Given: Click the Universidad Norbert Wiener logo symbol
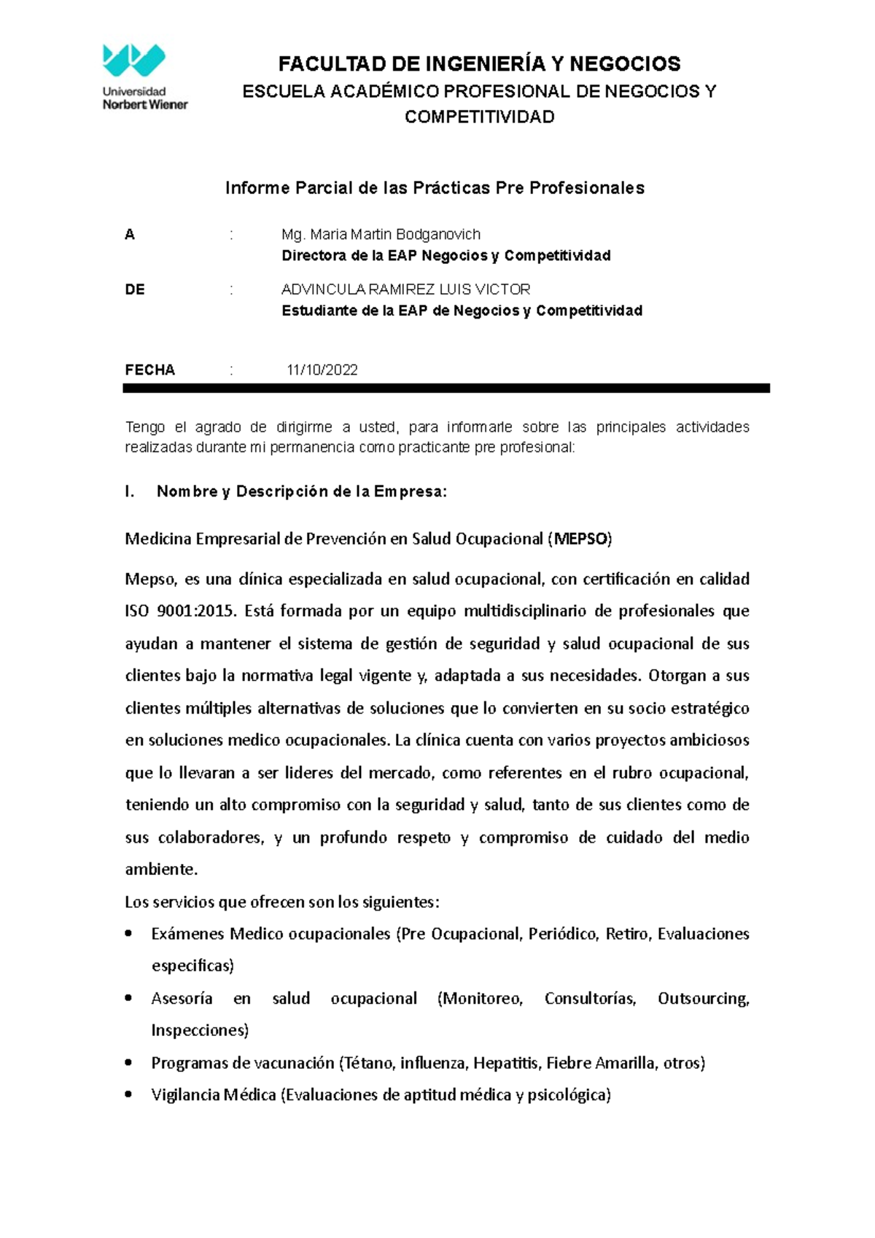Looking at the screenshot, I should tap(134, 61).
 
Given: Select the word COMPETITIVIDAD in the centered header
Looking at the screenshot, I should tap(479, 117).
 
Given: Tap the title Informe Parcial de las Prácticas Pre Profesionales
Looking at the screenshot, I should tap(435, 188).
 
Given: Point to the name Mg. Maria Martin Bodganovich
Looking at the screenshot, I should tap(381, 235).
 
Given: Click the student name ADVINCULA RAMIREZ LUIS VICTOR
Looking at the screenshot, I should tap(405, 289).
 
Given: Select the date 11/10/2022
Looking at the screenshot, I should tap(322, 370).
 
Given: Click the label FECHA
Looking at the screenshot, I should tap(149, 370).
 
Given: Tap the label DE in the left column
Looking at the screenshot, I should tap(135, 289).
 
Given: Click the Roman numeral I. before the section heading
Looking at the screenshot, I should tap(130, 492).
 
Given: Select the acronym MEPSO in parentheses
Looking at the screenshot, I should tap(581, 540).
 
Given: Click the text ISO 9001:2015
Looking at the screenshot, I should tap(181, 611).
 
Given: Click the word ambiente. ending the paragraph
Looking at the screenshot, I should tap(161, 869).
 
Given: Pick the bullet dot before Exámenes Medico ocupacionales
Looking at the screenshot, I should tap(129, 933).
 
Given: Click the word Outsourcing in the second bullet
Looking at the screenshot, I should tap(702, 998).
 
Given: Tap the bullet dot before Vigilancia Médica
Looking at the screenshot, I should tap(129, 1094).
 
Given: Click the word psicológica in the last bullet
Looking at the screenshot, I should tap(568, 1095).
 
